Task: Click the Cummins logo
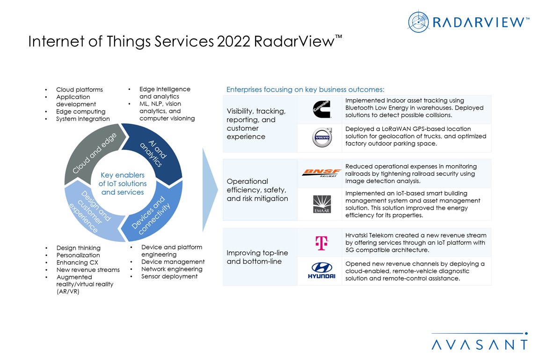coord(322,109)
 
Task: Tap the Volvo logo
coord(322,137)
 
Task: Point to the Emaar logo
coord(322,204)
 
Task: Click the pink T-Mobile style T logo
coord(322,243)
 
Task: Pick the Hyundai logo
coord(321,270)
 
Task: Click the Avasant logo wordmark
coord(480,344)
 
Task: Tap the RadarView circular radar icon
coord(418,22)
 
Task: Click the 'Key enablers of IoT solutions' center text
coord(123,184)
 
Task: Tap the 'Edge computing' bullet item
coord(81,112)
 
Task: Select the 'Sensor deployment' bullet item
coord(169,276)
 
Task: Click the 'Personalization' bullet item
coord(78,255)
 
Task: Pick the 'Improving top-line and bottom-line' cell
coord(257,257)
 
